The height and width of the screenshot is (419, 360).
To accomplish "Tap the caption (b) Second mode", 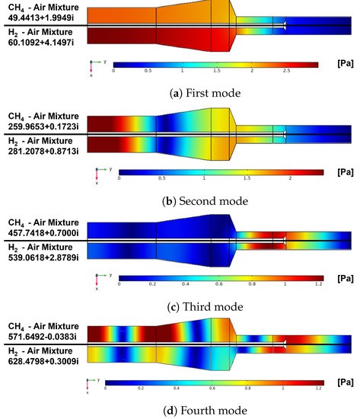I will point(180,201).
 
